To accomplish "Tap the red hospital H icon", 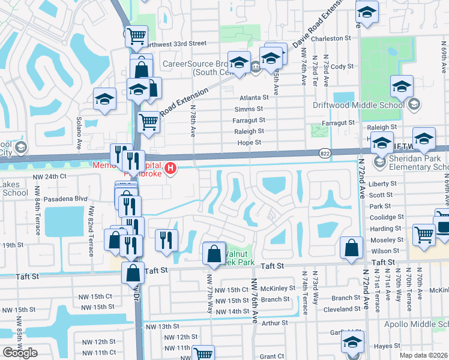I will point(171,168).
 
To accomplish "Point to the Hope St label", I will point(249,143).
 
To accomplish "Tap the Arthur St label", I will point(275,323).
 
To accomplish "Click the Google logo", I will point(20,353).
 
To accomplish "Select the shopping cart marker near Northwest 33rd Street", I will point(136,37).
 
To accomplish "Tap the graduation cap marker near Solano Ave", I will point(104,100).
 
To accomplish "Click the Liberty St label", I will point(385,184).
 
